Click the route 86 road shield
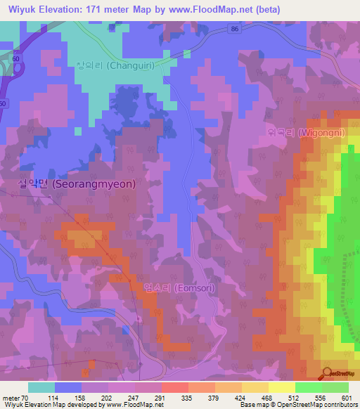pos(233,29)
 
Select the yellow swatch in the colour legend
pos(282,387)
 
